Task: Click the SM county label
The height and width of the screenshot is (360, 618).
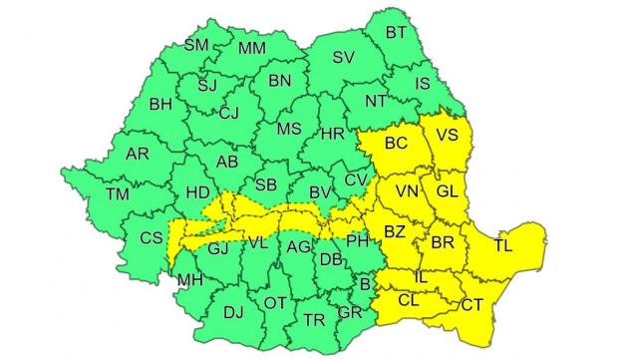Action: (x=196, y=45)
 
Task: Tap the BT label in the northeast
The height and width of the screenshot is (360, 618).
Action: (x=397, y=32)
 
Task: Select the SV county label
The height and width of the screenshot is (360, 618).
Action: (x=344, y=57)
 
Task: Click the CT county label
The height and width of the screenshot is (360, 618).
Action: (x=472, y=302)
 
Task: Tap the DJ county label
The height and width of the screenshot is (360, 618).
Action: (x=233, y=312)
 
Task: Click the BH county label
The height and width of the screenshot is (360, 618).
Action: (x=160, y=103)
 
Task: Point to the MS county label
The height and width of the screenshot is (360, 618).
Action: (x=289, y=129)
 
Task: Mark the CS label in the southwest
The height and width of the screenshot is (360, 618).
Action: (x=152, y=237)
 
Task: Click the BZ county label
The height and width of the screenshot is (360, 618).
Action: (x=394, y=232)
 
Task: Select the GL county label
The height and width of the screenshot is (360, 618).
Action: (x=448, y=189)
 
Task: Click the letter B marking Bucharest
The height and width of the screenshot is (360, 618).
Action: (x=366, y=284)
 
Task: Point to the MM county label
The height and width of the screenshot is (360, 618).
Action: (x=252, y=48)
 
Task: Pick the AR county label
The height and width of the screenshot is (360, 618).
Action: (x=138, y=154)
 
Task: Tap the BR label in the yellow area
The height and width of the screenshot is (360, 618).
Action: (x=443, y=241)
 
